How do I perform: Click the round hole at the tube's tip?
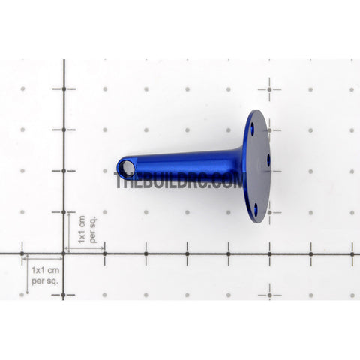[x=127, y=167]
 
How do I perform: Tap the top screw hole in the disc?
[x=252, y=125]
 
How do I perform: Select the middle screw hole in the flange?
[x=268, y=160]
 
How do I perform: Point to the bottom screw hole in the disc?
[x=256, y=206]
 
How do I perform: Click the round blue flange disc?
[x=257, y=166]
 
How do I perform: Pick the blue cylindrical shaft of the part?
[x=180, y=166]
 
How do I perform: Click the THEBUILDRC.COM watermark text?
[x=179, y=180]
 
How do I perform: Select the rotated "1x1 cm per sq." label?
[x=87, y=229]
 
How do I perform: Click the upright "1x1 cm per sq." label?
[x=45, y=275]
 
